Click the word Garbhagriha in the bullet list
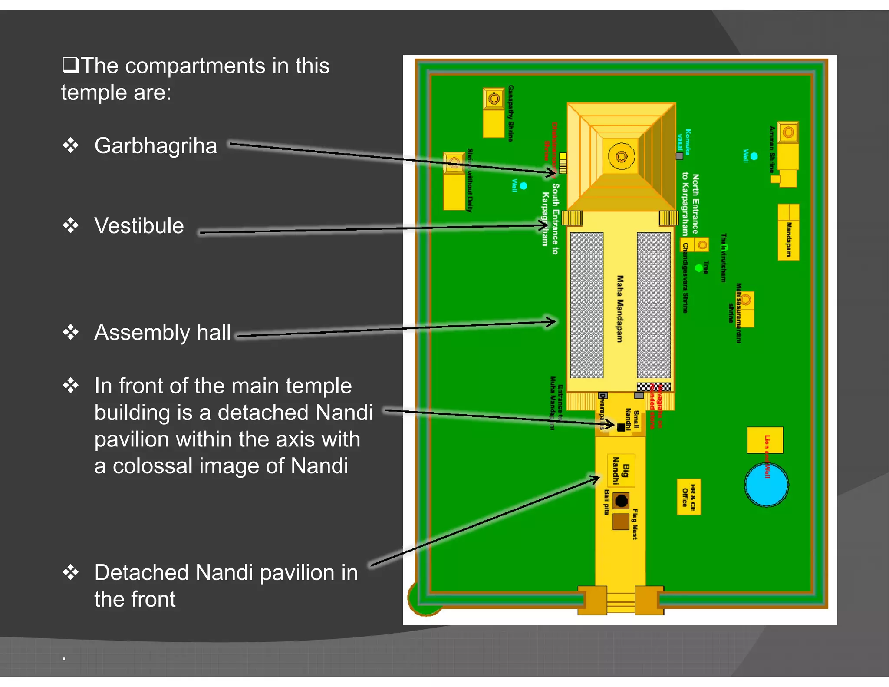155,146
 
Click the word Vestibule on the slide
139,226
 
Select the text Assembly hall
162,333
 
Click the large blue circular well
766,485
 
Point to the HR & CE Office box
689,497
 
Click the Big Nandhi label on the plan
621,470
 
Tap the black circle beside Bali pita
621,501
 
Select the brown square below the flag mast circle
621,522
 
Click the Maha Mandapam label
620,308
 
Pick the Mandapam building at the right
788,232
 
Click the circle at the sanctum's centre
621,156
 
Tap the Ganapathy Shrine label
511,113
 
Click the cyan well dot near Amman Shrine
754,156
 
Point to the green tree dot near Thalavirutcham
699,268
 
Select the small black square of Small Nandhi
621,427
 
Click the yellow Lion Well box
765,440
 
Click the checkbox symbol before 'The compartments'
70,65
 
